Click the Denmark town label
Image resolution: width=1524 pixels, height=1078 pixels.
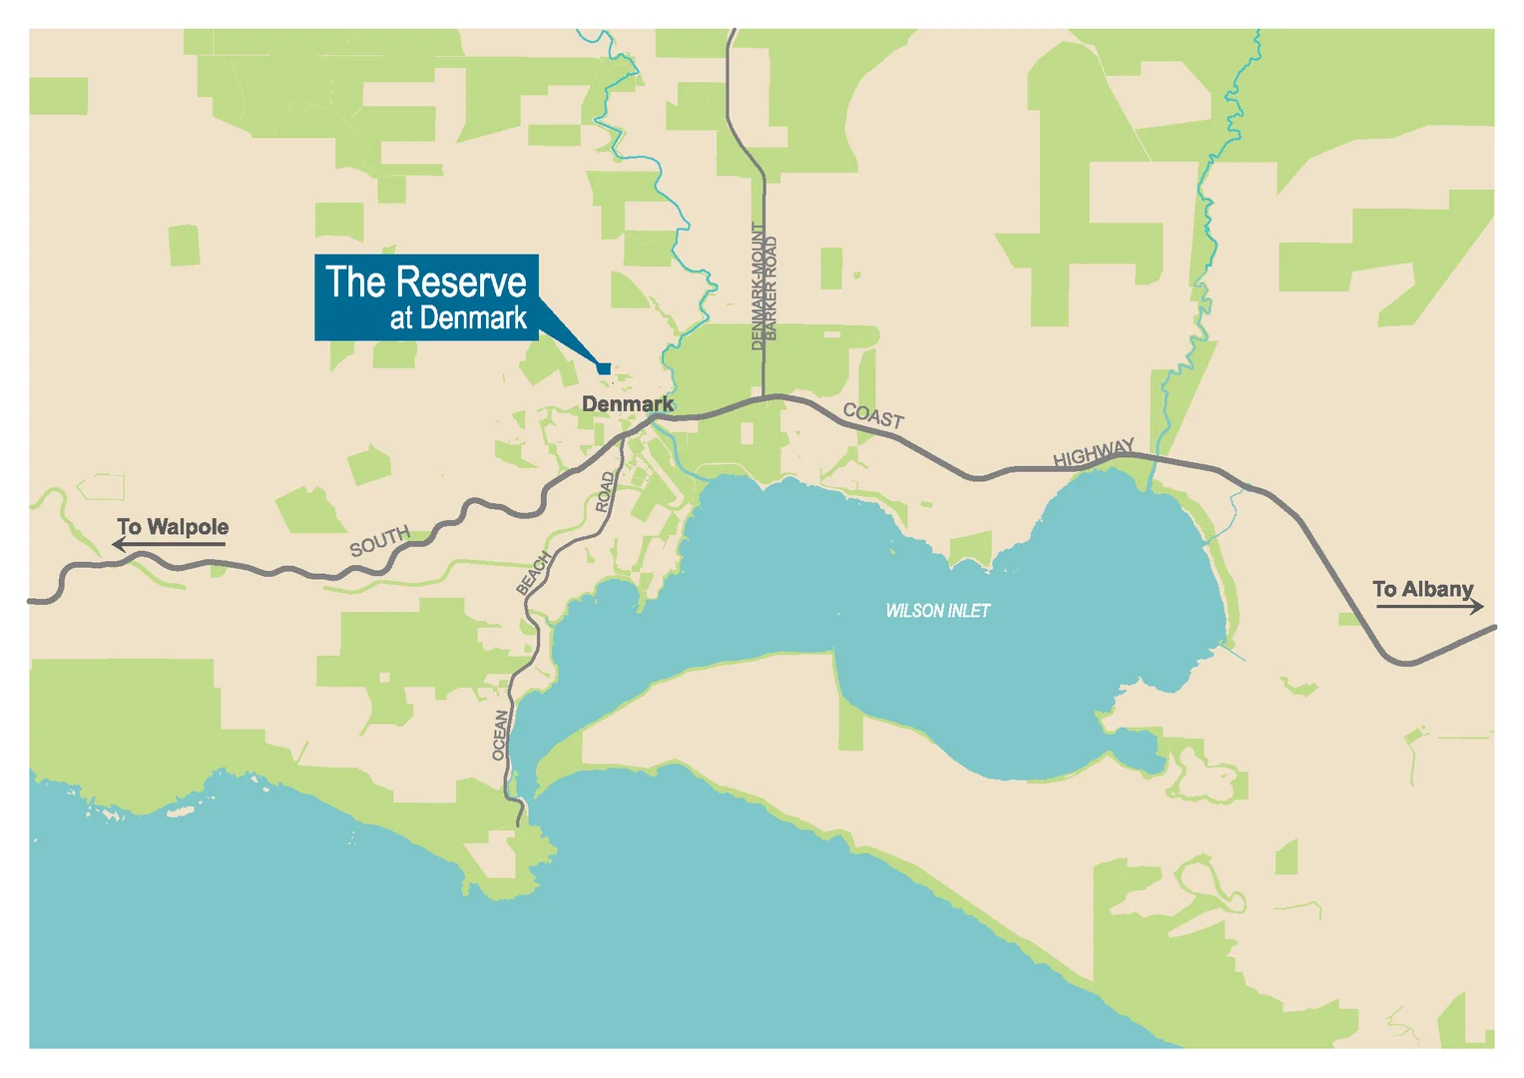[627, 404]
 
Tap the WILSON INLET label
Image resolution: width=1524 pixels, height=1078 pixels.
[937, 610]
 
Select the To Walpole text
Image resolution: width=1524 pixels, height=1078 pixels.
[173, 526]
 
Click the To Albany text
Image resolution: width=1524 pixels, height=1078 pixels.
[1422, 589]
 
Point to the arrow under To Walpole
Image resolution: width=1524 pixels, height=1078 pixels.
[169, 544]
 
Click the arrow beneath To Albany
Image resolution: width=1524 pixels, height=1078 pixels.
[1429, 606]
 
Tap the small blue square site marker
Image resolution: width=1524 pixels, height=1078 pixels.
[604, 368]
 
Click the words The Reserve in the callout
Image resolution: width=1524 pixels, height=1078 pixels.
[426, 282]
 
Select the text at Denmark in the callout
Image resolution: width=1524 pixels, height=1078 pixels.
[458, 318]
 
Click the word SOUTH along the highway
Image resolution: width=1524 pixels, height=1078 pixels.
[379, 541]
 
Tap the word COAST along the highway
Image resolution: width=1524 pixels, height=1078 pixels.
[873, 415]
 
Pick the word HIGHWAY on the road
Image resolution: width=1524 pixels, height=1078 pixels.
[1094, 453]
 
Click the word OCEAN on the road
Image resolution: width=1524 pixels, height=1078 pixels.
[501, 735]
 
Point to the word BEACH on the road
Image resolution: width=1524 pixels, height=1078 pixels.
[534, 573]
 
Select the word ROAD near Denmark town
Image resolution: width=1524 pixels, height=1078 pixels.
[605, 492]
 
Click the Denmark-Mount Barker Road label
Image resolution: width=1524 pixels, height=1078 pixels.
[763, 286]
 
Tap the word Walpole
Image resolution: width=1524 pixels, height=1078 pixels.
[188, 526]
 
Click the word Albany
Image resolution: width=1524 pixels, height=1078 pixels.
[1437, 589]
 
